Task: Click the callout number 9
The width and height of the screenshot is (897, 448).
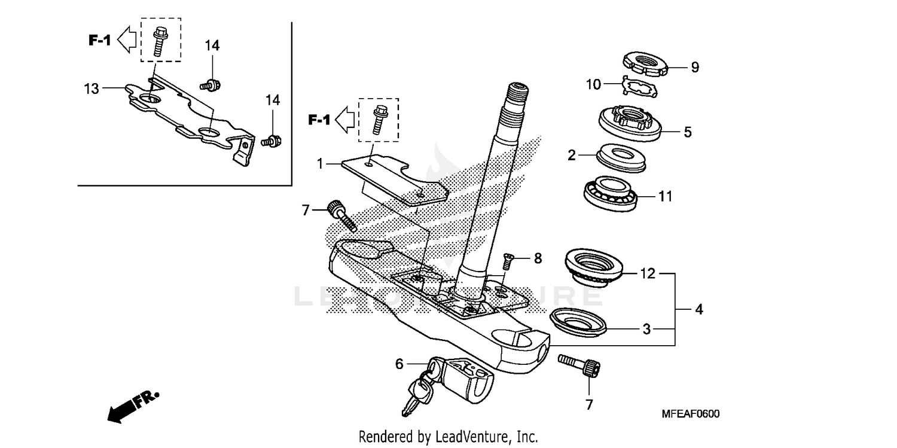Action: coord(694,67)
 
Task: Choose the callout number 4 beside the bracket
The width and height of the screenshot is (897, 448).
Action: coord(698,310)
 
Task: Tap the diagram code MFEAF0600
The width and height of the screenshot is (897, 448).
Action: coord(690,414)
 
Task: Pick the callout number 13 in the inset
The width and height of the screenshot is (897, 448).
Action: coord(91,89)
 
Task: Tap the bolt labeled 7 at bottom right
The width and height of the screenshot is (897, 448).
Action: coord(579,365)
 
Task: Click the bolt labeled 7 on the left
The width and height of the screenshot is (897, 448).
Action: coord(341,215)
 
